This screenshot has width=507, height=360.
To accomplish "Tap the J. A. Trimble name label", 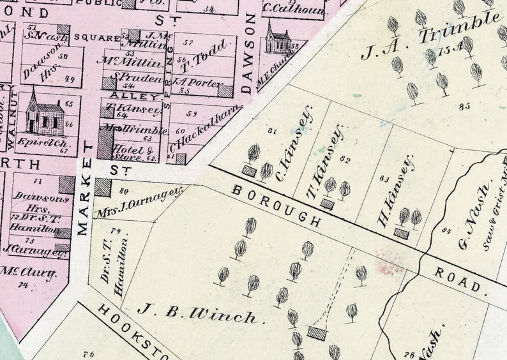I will (x=429, y=36).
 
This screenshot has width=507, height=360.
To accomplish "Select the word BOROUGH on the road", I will (x=276, y=206).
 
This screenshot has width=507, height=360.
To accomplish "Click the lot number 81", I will (x=273, y=131).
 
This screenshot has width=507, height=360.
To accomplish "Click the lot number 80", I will (x=124, y=190).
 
